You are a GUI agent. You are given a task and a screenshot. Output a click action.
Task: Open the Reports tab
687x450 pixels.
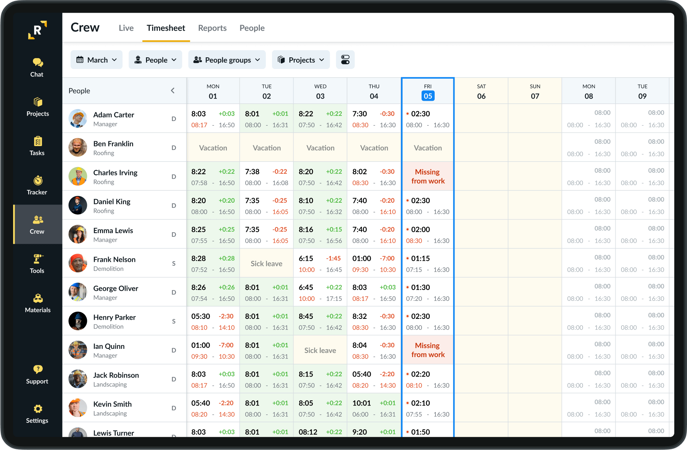(212, 28)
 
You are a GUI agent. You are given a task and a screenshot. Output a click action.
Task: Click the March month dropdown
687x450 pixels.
(97, 60)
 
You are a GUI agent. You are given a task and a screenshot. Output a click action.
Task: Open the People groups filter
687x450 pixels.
(227, 60)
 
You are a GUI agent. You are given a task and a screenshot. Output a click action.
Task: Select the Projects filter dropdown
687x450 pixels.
(301, 60)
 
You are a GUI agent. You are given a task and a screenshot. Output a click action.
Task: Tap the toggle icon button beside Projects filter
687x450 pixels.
(345, 60)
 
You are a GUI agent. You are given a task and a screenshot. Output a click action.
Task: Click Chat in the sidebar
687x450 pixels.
(37, 67)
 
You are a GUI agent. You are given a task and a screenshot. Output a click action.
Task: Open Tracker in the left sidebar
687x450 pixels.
(37, 185)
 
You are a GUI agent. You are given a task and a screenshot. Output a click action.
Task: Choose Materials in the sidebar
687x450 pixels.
(37, 303)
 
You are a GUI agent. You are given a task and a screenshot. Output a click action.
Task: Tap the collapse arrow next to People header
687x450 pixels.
(173, 91)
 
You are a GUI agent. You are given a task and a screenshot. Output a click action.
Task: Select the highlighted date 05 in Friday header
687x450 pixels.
(428, 96)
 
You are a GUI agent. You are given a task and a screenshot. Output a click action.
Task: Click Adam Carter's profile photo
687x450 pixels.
(78, 119)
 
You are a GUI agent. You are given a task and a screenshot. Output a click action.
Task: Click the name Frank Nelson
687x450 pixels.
(114, 259)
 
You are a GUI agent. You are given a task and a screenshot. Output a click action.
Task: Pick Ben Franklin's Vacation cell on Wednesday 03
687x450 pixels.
(320, 148)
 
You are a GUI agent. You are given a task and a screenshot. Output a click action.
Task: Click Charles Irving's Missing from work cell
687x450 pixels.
(428, 176)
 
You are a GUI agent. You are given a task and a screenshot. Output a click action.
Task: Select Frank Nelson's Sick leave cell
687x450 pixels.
(267, 263)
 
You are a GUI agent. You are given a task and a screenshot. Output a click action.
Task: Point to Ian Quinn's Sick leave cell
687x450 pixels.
(320, 350)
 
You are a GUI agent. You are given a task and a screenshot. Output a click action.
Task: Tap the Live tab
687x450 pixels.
(126, 28)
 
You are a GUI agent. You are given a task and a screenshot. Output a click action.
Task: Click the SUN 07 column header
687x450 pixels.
(535, 91)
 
